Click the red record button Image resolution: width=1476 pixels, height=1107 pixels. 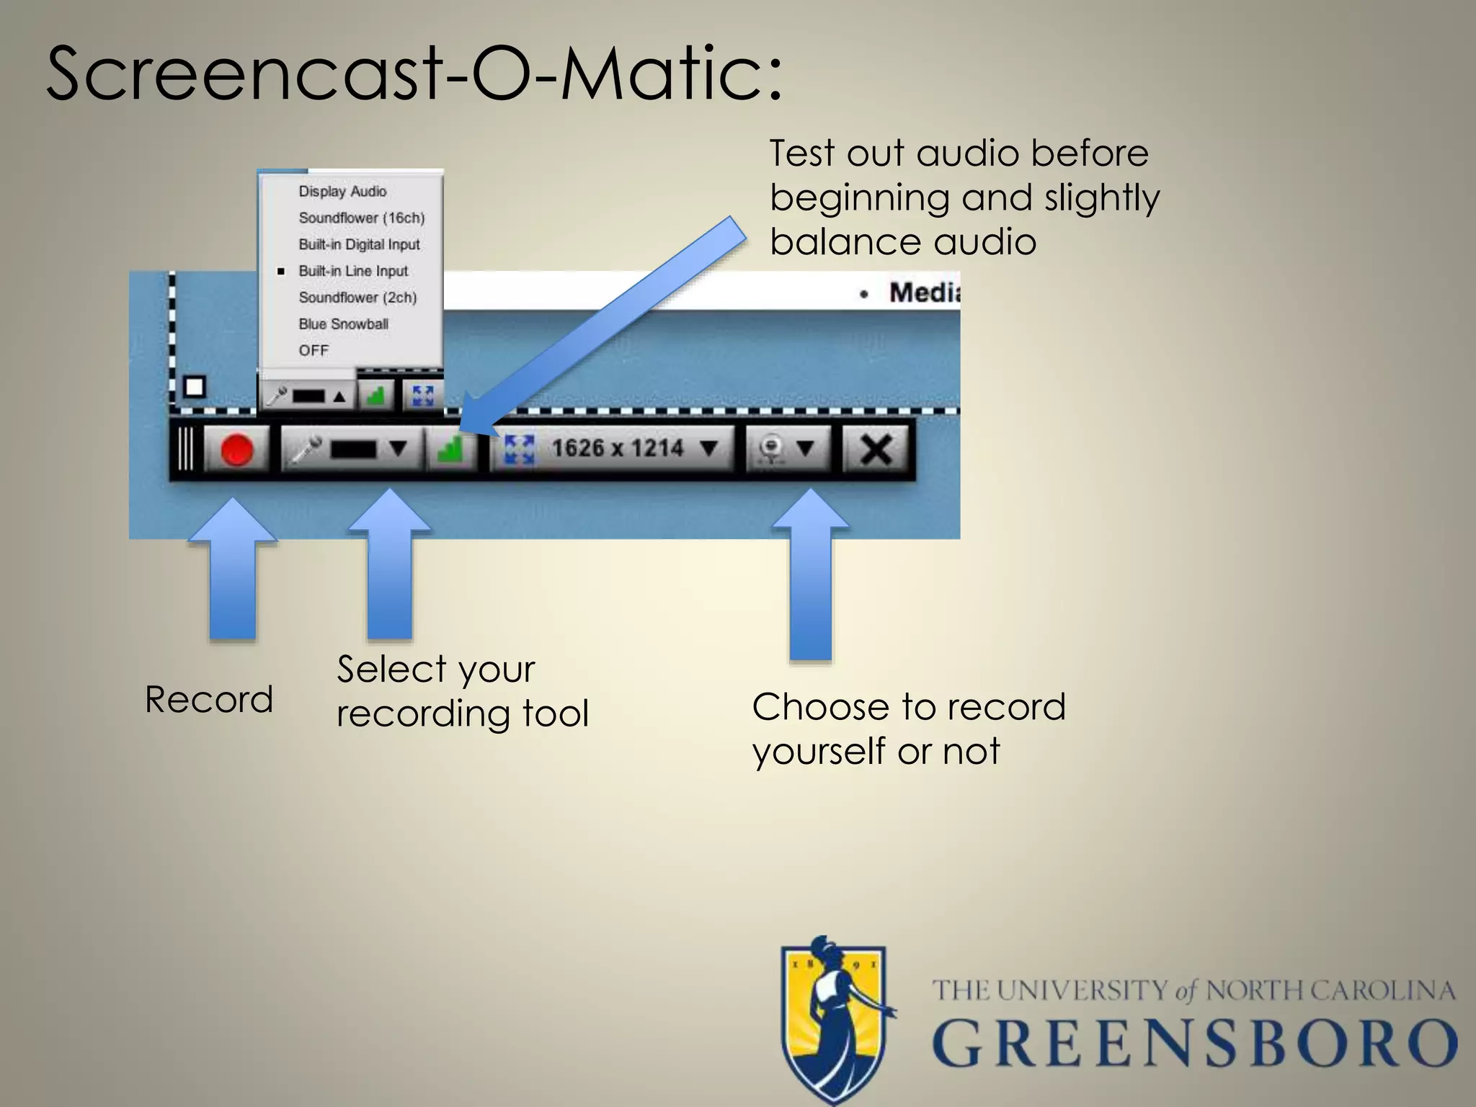point(236,450)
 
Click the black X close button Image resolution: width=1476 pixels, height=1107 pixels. point(876,450)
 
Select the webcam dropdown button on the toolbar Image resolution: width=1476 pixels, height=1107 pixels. point(787,449)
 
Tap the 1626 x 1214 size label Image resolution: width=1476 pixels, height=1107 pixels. point(617,448)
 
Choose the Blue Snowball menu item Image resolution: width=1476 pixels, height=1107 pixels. point(343,324)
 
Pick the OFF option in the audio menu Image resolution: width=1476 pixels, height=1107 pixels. point(314,350)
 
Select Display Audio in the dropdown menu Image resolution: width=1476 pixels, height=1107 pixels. point(342,191)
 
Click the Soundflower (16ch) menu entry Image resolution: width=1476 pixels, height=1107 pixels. point(361,218)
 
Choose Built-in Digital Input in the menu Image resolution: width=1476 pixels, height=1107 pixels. point(359,244)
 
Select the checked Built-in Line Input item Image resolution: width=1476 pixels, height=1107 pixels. point(353,271)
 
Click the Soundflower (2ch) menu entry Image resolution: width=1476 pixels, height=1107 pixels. point(357,297)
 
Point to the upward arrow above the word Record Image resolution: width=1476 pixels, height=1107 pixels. point(233,569)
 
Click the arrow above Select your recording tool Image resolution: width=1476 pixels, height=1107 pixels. point(390,566)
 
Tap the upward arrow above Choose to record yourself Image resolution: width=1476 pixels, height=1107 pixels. point(811,577)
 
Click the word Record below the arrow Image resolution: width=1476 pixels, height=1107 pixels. point(209,699)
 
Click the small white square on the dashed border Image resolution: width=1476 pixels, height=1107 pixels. point(194,387)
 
